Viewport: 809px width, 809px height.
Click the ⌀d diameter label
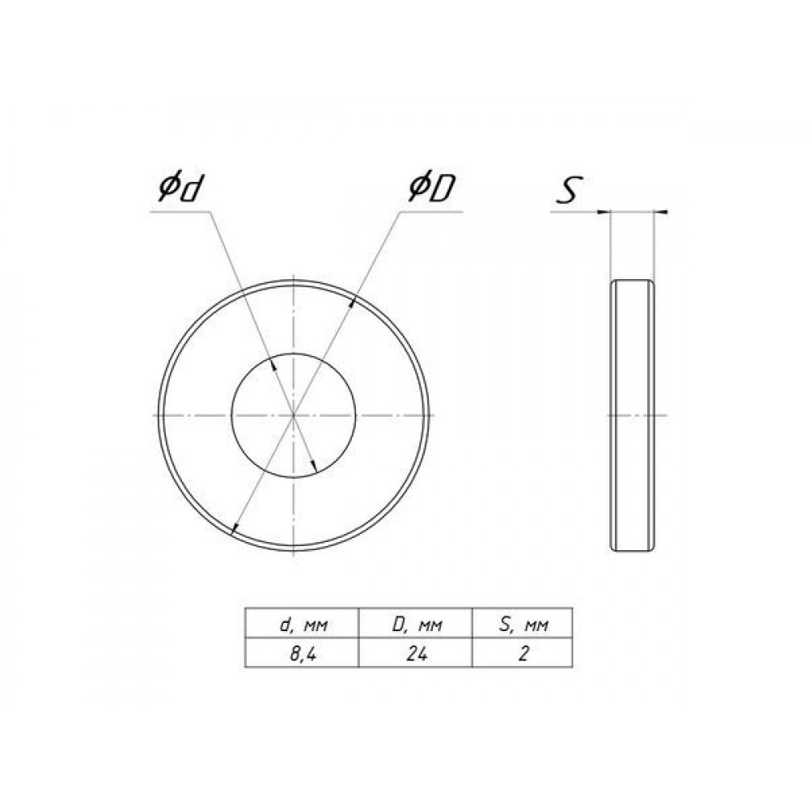coord(179,188)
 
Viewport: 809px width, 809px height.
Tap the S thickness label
coord(569,189)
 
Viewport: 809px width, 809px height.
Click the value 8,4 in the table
coord(303,654)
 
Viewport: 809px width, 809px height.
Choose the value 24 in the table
coord(416,654)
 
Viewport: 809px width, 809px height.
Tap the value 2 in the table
coord(523,654)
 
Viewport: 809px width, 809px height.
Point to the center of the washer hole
coord(293,415)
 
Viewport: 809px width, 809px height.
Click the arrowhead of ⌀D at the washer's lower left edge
coord(234,527)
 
